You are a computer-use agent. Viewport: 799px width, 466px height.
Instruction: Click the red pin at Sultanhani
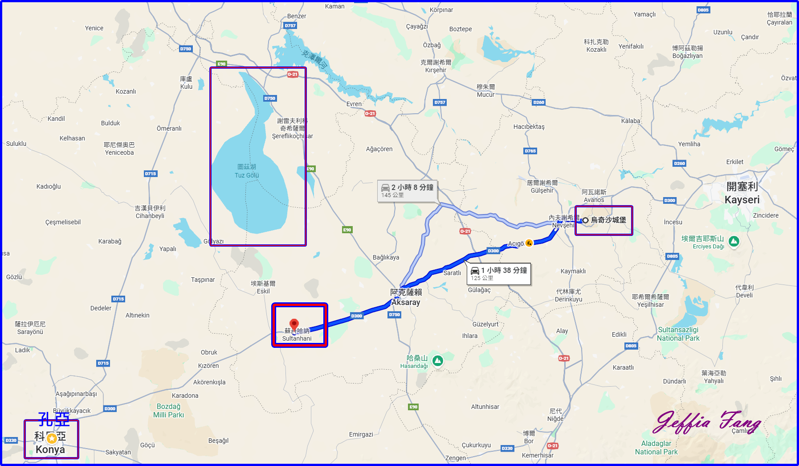[294, 324]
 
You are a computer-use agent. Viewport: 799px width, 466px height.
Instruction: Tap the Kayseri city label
[742, 199]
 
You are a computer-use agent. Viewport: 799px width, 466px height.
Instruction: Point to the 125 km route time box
[498, 273]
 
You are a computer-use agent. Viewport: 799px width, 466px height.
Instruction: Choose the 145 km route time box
[408, 191]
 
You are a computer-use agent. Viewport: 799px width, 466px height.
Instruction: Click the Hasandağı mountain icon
[438, 361]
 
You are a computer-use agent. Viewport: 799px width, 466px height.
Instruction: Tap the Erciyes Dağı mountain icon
[734, 241]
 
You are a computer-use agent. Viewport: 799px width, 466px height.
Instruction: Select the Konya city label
[50, 449]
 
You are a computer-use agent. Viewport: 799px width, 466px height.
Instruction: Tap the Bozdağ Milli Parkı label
[168, 411]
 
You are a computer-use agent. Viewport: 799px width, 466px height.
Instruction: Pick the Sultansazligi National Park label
[678, 334]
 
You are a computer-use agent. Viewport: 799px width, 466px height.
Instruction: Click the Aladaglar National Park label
[656, 448]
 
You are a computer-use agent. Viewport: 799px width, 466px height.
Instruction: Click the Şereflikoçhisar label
[292, 136]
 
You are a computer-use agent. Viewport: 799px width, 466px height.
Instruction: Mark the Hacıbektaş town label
[529, 127]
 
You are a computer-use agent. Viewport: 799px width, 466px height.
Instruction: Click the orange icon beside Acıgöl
[529, 243]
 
